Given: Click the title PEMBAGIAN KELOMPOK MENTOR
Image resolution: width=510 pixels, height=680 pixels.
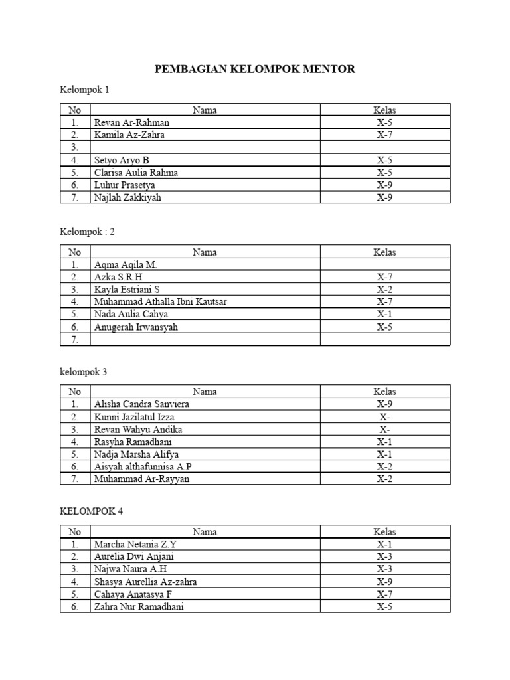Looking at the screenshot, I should (254, 69).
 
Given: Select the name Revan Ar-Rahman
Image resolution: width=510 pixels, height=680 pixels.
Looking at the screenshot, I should (131, 122).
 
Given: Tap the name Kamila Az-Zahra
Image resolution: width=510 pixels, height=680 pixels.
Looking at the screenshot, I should (129, 135).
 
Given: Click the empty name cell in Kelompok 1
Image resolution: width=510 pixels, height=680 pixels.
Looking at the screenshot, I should (205, 147).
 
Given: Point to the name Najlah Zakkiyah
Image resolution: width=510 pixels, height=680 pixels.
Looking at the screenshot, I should (127, 197).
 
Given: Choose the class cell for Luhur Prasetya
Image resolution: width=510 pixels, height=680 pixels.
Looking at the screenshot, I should (384, 185).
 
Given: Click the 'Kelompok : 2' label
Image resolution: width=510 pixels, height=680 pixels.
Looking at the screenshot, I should (88, 232).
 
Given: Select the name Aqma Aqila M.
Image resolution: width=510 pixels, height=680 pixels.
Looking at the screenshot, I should (126, 264).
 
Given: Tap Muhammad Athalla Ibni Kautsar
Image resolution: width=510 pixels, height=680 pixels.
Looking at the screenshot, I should (160, 302).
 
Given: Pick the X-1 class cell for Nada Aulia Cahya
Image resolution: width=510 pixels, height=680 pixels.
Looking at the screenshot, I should (384, 314).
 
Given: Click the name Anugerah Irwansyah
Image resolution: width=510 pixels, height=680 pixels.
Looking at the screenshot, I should (136, 327).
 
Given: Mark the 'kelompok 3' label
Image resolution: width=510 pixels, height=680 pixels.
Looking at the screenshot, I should (83, 372).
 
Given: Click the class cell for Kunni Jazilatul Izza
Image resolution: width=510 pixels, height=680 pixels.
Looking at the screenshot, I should (384, 416).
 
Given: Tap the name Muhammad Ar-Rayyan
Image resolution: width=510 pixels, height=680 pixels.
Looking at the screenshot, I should (141, 479).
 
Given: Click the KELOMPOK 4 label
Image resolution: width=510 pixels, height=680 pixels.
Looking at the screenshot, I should (91, 511).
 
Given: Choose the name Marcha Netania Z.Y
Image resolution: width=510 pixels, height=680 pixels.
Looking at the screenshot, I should (135, 544).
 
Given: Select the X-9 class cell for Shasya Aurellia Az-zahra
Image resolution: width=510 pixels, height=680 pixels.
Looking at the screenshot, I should (384, 582).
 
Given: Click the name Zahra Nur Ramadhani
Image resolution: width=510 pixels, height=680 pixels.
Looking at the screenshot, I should (139, 607).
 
